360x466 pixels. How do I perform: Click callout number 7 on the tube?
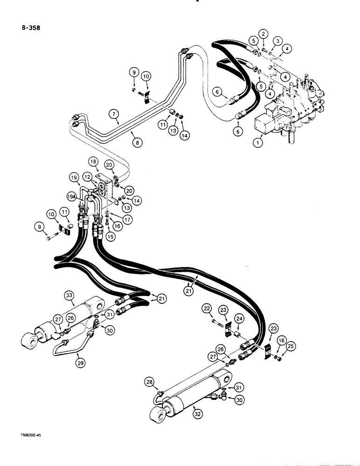(112, 113)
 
